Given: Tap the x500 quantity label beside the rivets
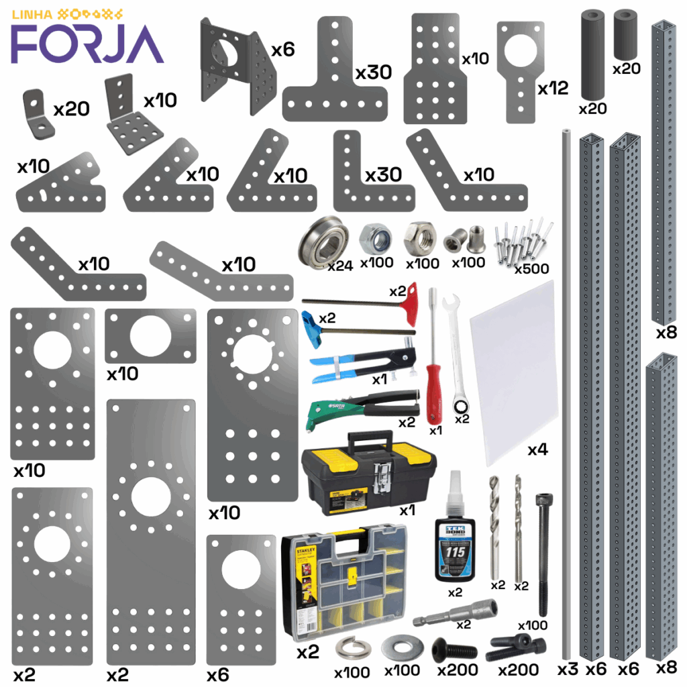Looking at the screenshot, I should click(531, 268).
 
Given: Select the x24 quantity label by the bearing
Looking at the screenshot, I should click(340, 266).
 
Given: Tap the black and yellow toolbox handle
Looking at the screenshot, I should click(366, 439).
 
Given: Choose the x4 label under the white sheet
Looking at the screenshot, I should click(537, 450).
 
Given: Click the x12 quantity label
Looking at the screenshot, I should click(552, 88).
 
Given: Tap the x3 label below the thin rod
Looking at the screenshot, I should click(568, 669).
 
